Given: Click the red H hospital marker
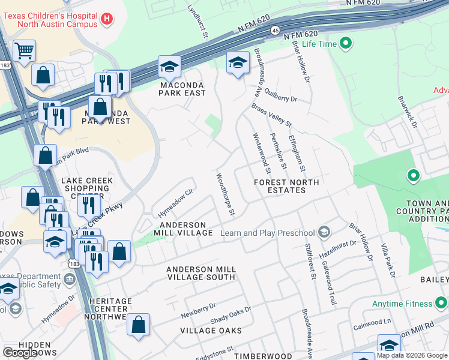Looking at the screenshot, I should click(x=107, y=19).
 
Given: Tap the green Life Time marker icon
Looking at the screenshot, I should click(x=345, y=43).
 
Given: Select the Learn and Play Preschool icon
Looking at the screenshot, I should click(x=324, y=232).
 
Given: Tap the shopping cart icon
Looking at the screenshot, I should click(x=24, y=53).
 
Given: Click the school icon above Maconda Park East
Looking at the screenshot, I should click(x=169, y=67).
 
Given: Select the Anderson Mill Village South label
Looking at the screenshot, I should click(x=200, y=274).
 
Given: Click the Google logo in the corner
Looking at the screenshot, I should click(x=19, y=353).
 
